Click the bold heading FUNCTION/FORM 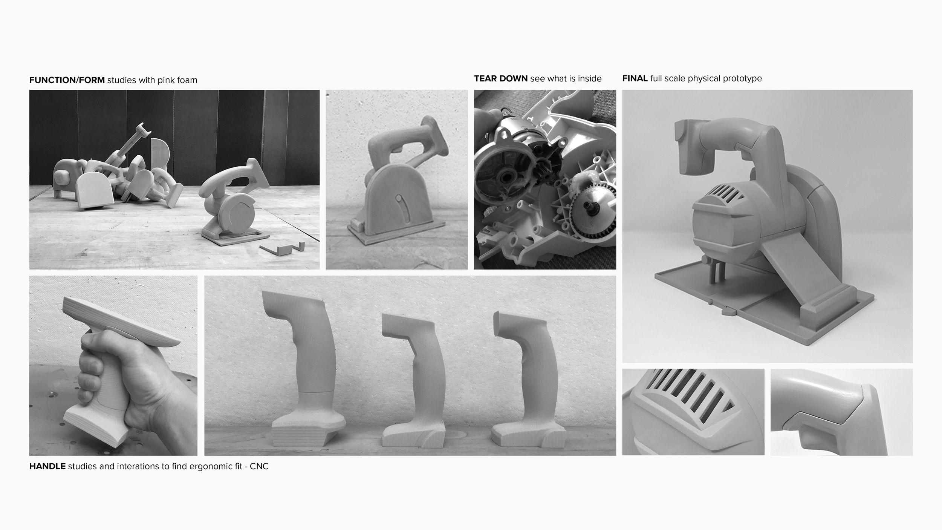pos(67,80)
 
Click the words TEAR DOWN pos(501,78)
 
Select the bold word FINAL pos(635,78)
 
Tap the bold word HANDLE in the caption pos(47,466)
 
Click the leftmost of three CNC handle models pos(307,368)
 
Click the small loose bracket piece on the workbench pos(282,248)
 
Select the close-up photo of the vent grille pos(693,412)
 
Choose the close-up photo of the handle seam pos(841,412)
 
